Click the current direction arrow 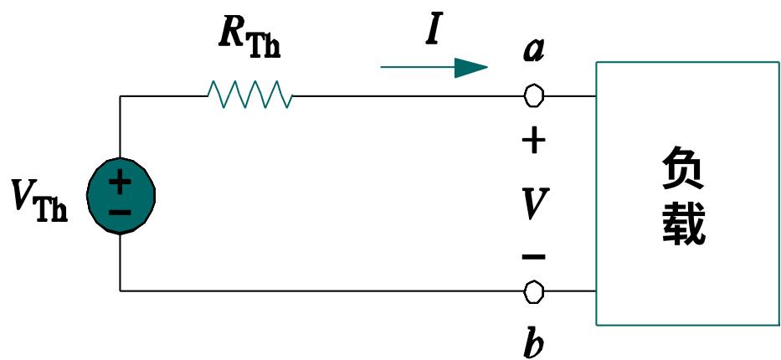tap(434, 68)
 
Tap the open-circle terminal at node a tap(533, 96)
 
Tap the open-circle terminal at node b tap(533, 291)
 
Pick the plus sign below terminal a tap(533, 141)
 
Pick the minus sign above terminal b tap(533, 255)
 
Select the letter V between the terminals tap(533, 203)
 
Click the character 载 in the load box tap(683, 224)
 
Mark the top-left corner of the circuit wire tap(121, 96)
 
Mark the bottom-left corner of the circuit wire tap(121, 291)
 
